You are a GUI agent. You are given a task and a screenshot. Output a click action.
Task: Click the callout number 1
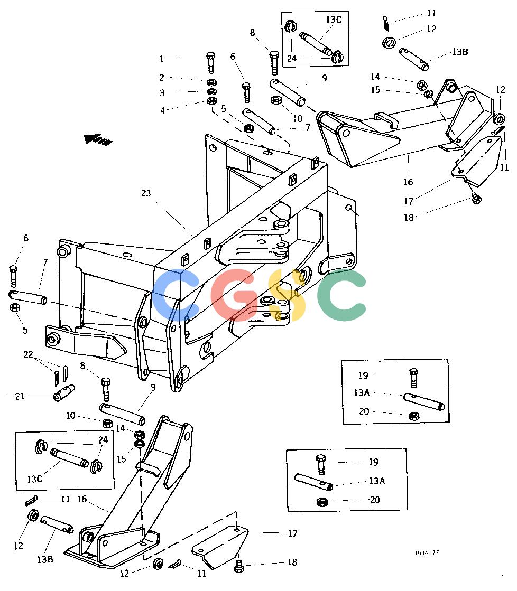point(162,59)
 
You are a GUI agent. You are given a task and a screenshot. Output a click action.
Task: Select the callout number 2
point(162,77)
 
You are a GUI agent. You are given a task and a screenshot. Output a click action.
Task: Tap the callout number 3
point(162,93)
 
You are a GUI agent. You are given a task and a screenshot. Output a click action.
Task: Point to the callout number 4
point(162,110)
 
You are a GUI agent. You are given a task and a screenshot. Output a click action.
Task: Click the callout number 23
point(146,193)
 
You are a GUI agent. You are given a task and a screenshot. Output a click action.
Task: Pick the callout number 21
point(20,396)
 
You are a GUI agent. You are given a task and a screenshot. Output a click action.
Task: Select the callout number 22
point(29,354)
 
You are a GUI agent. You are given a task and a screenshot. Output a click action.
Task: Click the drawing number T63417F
point(427,552)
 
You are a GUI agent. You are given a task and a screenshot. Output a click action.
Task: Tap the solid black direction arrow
point(98,139)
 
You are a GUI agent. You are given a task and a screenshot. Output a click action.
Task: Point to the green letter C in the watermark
point(341,295)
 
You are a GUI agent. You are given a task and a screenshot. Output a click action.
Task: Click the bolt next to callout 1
point(211,62)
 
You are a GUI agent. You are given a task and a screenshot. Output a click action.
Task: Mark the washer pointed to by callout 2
point(211,82)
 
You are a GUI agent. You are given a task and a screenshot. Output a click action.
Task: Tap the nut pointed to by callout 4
point(211,101)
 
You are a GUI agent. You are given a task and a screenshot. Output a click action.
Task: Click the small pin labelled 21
point(63,393)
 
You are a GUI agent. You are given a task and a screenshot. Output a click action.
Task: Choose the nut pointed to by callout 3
point(211,91)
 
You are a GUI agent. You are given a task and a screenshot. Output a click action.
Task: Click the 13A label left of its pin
point(362,393)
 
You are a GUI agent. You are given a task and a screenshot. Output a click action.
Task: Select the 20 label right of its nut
point(375,500)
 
